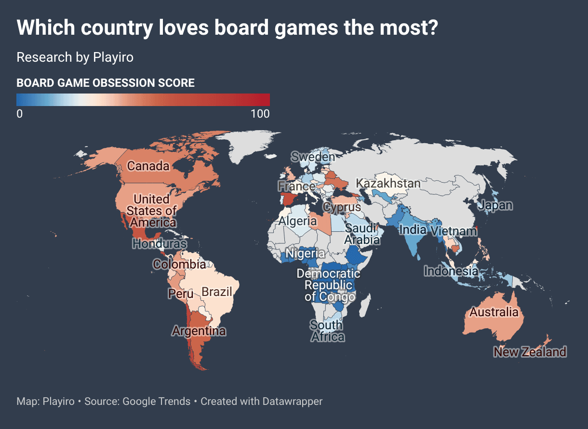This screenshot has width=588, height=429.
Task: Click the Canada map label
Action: [x=148, y=166]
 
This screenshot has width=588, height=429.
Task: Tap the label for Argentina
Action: [x=199, y=331]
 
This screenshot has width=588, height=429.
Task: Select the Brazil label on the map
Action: [x=217, y=292]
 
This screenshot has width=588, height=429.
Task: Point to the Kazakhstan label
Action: [x=388, y=183]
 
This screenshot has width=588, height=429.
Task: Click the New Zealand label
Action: [x=530, y=352]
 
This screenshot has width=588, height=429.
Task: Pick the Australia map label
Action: [x=494, y=312]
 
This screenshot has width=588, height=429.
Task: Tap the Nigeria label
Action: [x=305, y=253]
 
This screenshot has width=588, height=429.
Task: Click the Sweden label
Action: [x=313, y=157]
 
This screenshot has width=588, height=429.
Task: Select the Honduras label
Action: [x=160, y=243]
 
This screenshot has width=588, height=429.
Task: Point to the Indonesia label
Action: [x=451, y=271]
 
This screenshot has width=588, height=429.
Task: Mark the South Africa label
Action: [x=327, y=331]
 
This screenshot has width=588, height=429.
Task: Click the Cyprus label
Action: [x=342, y=207]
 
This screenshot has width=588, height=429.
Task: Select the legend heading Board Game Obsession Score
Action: [x=106, y=83]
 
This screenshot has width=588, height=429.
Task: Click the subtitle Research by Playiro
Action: [x=75, y=57]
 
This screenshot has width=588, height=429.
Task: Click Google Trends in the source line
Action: [x=157, y=401]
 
